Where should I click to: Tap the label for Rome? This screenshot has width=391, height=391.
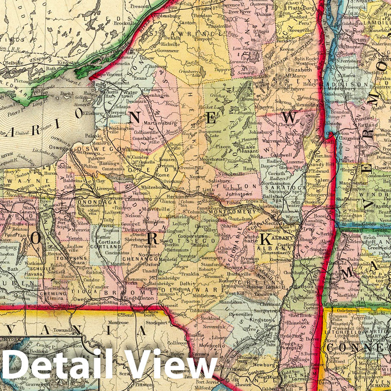coord(162,175)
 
